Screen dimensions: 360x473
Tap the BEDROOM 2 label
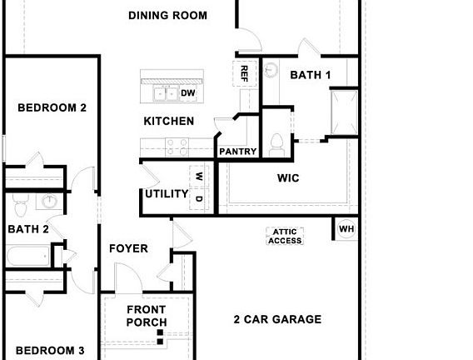[x=52, y=107]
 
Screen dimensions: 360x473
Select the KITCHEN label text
[x=169, y=122]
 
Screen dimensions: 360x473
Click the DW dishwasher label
[x=187, y=93]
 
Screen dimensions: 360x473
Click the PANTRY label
[x=237, y=152]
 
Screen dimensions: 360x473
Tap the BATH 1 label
[x=311, y=75]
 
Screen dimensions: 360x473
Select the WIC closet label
[x=288, y=178]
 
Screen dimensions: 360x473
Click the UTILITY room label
[x=167, y=194]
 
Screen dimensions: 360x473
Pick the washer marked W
[x=199, y=177]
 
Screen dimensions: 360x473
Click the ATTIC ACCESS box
[x=286, y=237]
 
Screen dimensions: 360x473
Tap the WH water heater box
[x=346, y=229]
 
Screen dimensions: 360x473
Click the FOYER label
[x=128, y=248]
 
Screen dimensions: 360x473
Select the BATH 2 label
[x=28, y=229]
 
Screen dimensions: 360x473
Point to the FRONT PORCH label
[x=147, y=317]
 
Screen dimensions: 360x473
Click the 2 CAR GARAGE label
[x=277, y=319]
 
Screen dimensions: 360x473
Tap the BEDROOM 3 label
[x=50, y=351]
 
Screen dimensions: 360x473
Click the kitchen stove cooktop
[x=177, y=147]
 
